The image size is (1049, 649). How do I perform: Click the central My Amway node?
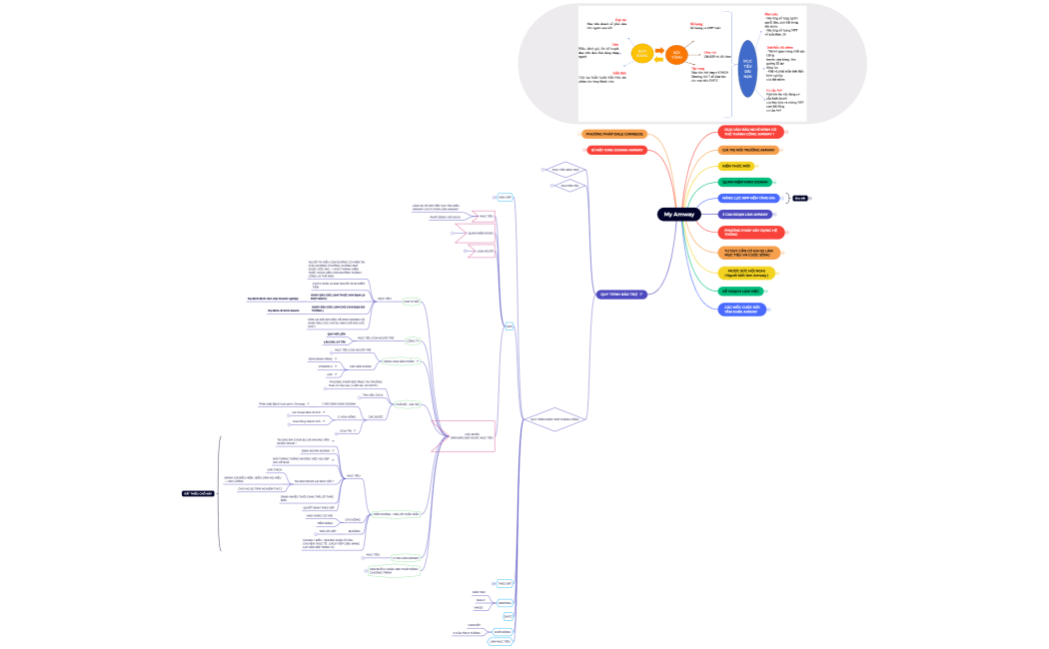pyautogui.click(x=678, y=215)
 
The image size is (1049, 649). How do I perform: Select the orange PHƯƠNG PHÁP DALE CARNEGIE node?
pyautogui.click(x=614, y=134)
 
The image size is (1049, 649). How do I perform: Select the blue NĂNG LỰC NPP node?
pyautogui.click(x=748, y=199)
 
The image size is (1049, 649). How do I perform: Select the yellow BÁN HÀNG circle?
pyautogui.click(x=642, y=52)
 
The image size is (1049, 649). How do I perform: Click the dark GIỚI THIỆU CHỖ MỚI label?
pyautogui.click(x=198, y=493)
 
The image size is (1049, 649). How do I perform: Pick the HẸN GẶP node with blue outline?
pyautogui.click(x=505, y=198)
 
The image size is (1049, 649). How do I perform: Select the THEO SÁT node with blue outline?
pyautogui.click(x=504, y=583)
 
